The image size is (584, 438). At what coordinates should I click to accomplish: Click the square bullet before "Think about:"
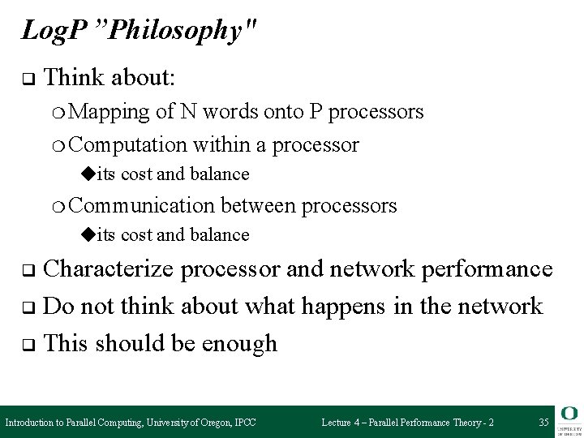tap(27, 79)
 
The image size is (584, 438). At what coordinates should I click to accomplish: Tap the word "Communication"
tap(144, 206)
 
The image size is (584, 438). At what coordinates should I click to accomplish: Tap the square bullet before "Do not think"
tap(27, 307)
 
